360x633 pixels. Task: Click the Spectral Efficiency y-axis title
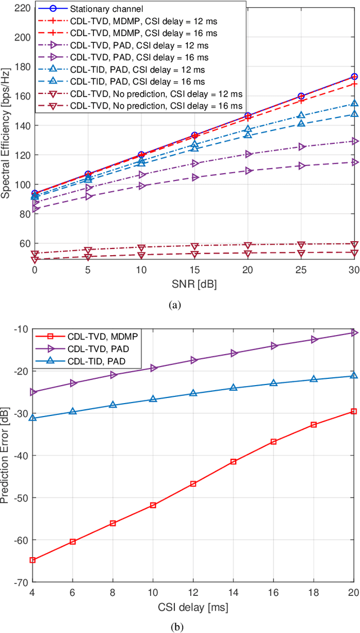(7, 132)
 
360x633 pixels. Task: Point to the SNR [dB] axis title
(194, 284)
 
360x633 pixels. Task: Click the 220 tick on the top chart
(21, 8)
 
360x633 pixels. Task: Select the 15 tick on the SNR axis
(194, 270)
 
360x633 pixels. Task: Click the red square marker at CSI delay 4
(33, 560)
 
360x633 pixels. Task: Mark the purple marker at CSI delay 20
(354, 333)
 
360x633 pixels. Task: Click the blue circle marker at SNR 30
(354, 76)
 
